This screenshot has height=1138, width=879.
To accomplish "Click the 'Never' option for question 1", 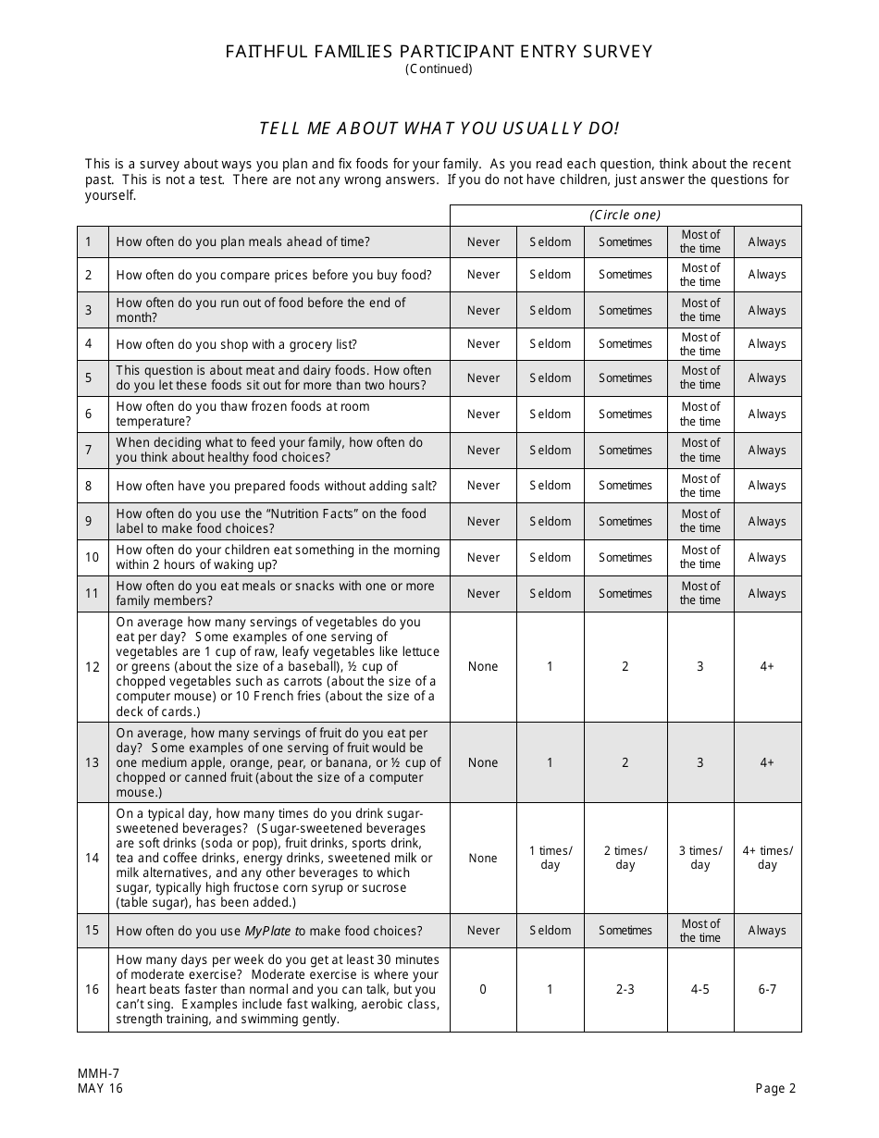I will pos(483,242).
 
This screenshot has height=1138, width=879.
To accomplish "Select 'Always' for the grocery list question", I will pos(767,344).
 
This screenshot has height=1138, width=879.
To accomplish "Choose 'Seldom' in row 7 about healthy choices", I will pos(550,451).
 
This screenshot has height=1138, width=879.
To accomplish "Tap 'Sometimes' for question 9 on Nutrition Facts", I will pos(625,522).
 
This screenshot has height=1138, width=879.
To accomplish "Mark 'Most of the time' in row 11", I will pos(700,593).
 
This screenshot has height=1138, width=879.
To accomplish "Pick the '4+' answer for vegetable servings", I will pos(767,666).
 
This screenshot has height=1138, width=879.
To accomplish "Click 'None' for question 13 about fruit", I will pos(483,762).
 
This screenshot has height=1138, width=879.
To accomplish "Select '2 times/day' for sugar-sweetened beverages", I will pos(625,858).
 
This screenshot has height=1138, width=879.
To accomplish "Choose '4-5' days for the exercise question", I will pos(700,989).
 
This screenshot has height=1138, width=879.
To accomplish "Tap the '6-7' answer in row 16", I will pos(767,989).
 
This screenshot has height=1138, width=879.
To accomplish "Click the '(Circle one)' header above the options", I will pos(625,215).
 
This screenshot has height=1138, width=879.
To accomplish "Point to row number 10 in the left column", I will pos(93,557).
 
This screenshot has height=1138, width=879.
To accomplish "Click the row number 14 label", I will pos(93,858).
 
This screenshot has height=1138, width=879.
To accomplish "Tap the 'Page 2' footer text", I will pos(775,1088).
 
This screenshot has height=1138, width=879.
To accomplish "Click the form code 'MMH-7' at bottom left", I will pos(99,1073).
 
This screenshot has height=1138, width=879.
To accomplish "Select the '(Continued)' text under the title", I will pos(439,68).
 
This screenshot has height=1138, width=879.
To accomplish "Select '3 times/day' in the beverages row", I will pos(700,858).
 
